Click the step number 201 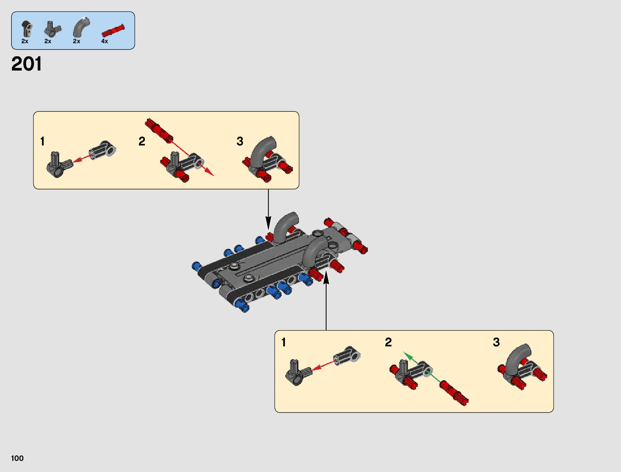[27, 64]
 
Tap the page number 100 [17, 458]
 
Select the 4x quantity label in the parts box [104, 41]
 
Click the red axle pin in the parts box [113, 31]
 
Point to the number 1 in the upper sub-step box [42, 141]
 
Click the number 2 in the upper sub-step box [142, 141]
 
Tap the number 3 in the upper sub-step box [240, 141]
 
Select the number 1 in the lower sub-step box [283, 342]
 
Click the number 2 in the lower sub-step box [388, 342]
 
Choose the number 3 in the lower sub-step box [496, 342]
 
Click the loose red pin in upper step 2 [159, 130]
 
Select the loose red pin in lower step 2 [454, 393]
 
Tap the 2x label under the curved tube [77, 41]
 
